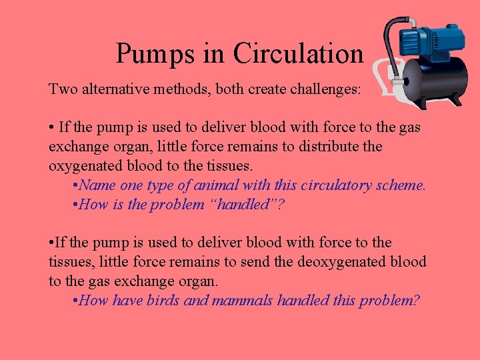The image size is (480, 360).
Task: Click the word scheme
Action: (x=401, y=185)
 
